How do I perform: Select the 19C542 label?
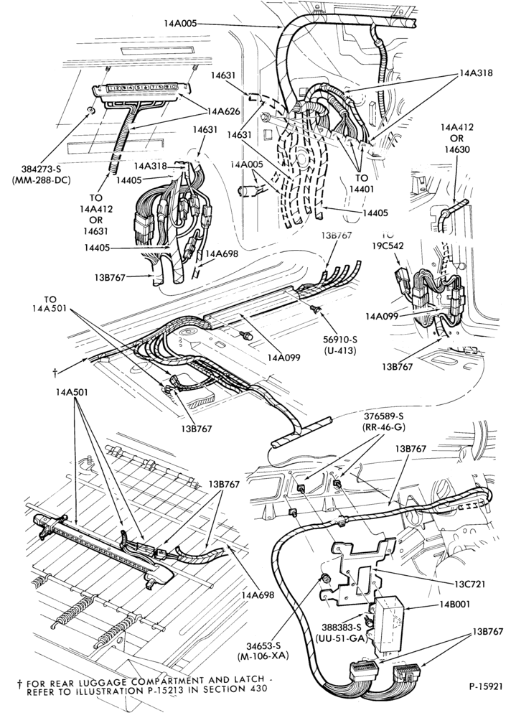(388, 245)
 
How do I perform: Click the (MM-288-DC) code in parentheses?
(40, 180)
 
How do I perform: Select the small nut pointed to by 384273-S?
(91, 111)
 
